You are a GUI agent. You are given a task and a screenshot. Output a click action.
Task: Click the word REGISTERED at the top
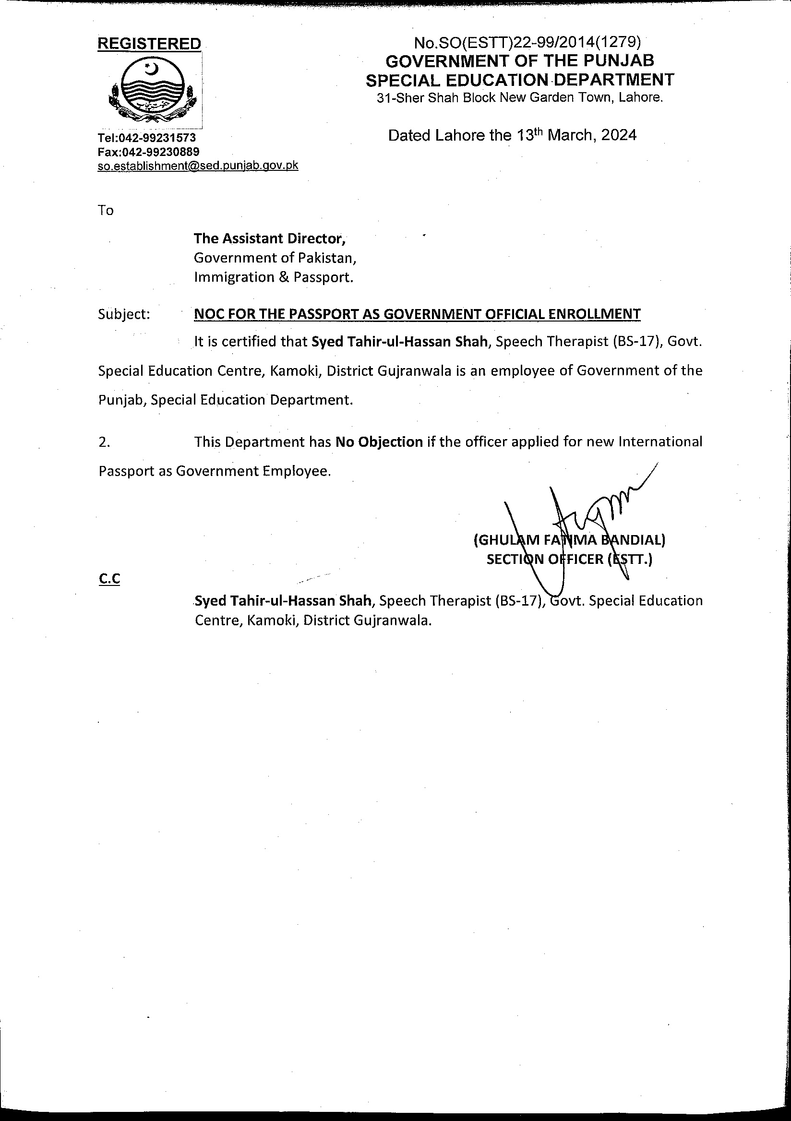coord(149,44)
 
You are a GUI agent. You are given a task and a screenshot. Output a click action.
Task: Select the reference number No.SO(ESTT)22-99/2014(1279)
coord(527,43)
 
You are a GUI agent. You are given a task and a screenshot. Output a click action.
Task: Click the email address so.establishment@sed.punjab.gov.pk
coord(198,166)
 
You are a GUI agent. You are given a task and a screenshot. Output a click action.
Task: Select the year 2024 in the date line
coord(619,135)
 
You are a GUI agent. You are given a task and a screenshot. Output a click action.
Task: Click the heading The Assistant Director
coord(270,239)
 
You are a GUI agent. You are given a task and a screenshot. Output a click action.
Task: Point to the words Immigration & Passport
coord(274,277)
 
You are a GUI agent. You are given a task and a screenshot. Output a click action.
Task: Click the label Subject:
coord(124,314)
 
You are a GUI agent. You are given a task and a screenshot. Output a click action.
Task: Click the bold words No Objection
coord(379,442)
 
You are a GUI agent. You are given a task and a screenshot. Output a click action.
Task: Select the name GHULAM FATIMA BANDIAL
coord(569,540)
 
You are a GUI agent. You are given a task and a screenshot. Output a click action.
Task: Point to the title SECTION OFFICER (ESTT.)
coord(569,559)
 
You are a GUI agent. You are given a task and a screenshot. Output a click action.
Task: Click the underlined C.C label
coord(109,579)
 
